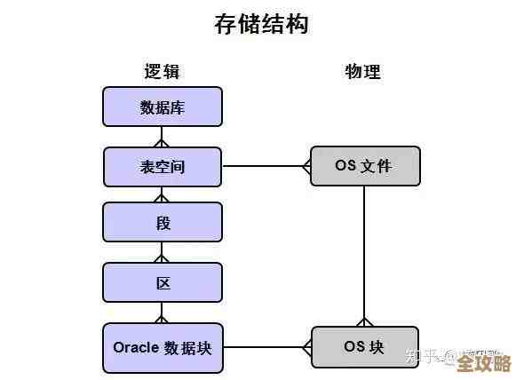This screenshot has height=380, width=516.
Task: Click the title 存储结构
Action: click(261, 24)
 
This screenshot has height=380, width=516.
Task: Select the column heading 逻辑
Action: click(162, 72)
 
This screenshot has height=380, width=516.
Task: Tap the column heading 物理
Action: click(362, 72)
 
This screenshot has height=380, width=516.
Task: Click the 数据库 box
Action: click(162, 107)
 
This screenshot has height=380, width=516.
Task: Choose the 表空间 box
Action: click(162, 166)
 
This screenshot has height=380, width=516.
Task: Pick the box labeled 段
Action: click(162, 223)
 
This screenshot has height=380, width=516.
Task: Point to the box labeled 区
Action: click(162, 283)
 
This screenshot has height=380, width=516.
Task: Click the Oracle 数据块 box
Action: click(162, 346)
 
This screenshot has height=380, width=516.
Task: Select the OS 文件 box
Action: click(364, 166)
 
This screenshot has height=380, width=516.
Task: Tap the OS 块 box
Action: click(364, 346)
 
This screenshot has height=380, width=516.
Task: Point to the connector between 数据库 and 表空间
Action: click(162, 137)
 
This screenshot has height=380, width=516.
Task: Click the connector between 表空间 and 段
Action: click(162, 194)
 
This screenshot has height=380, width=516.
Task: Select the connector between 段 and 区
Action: click(162, 253)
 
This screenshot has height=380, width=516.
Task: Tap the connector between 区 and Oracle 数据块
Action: click(162, 313)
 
